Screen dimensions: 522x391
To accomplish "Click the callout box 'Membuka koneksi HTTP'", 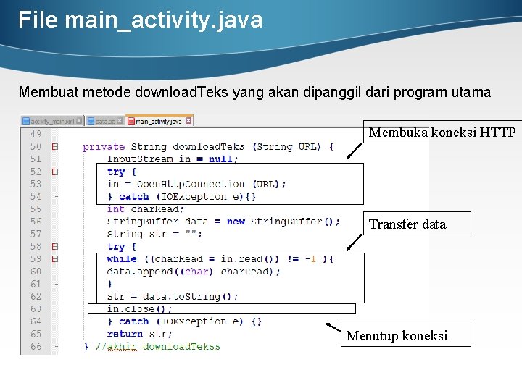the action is (x=442, y=133).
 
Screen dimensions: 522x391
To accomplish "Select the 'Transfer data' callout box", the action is (x=416, y=224).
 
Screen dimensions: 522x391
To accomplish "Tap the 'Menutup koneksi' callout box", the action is (x=405, y=335).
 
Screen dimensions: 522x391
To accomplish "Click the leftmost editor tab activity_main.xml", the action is (x=51, y=121).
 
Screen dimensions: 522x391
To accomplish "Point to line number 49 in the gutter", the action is (x=35, y=134).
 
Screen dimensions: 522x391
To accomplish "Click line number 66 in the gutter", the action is (x=35, y=346).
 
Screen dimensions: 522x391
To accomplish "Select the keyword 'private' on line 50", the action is (x=104, y=146).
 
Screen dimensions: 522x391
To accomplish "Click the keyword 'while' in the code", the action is (x=121, y=258).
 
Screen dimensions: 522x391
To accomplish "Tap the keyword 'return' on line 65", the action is (x=125, y=334).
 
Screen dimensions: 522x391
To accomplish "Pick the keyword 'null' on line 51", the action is (x=220, y=159).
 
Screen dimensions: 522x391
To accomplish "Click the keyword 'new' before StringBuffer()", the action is (x=236, y=221).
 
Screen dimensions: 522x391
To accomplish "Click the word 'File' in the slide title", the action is (x=38, y=20).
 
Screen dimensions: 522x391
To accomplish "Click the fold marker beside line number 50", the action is (x=55, y=147).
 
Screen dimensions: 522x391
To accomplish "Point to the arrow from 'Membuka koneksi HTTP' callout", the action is (x=355, y=150).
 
